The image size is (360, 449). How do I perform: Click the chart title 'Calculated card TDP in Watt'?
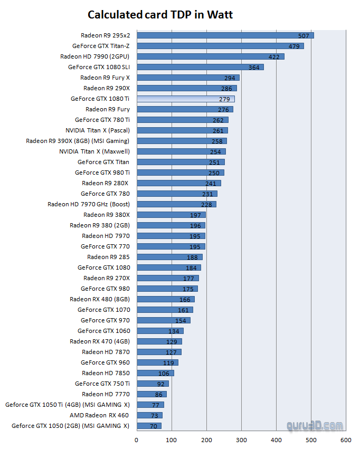tap(160, 14)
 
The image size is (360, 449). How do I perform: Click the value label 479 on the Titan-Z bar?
tap(294, 46)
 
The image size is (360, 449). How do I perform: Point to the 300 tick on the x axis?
tap(241, 439)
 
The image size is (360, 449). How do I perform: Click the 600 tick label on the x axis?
tap(346, 439)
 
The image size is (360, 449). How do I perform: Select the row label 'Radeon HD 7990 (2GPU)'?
tap(94, 56)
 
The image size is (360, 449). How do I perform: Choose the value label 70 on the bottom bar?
tap(154, 426)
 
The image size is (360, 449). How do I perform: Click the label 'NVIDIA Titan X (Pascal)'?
tap(98, 130)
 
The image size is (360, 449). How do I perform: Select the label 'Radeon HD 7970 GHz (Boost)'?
tap(89, 204)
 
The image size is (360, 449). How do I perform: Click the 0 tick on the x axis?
tap(137, 439)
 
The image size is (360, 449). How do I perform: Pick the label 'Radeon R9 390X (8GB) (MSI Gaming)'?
tap(78, 141)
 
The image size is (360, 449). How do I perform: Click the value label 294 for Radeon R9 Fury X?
tap(230, 78)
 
